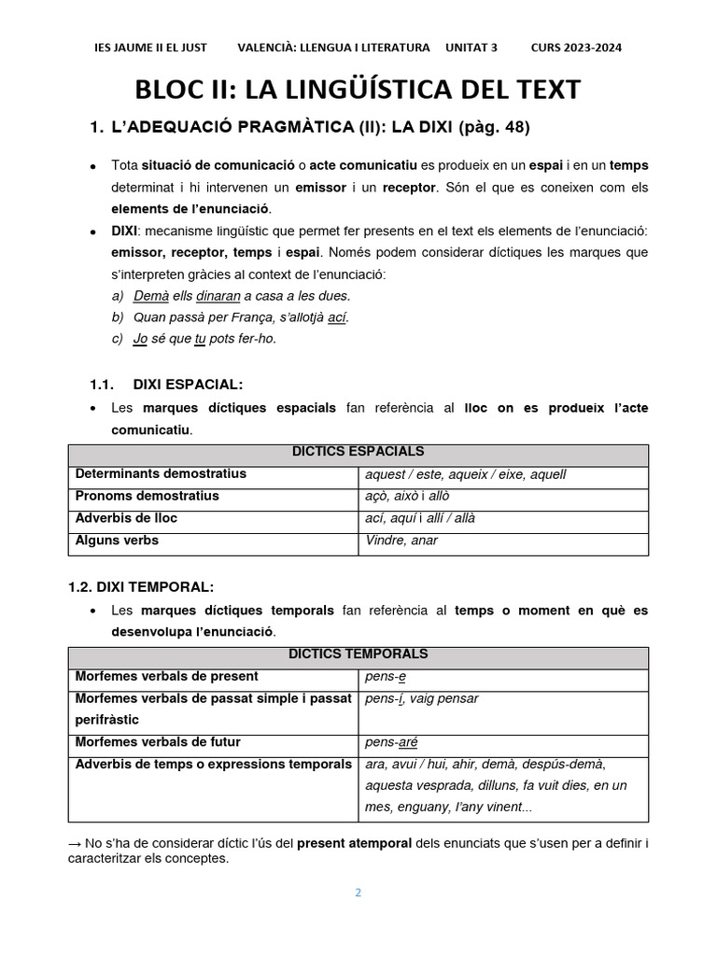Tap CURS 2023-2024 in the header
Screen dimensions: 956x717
576,48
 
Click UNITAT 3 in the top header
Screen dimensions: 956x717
471,48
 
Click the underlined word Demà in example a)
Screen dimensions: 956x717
150,295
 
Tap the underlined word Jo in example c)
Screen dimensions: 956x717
141,338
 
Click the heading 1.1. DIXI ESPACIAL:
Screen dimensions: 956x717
166,384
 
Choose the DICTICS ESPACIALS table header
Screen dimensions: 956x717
358,453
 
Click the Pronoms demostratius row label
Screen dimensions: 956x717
148,496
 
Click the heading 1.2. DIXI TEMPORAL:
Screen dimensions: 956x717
141,586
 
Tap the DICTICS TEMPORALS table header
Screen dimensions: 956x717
358,654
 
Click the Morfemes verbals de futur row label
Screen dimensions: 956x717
158,742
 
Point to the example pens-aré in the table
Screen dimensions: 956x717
391,743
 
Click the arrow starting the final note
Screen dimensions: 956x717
76,843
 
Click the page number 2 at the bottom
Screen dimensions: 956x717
358,892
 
